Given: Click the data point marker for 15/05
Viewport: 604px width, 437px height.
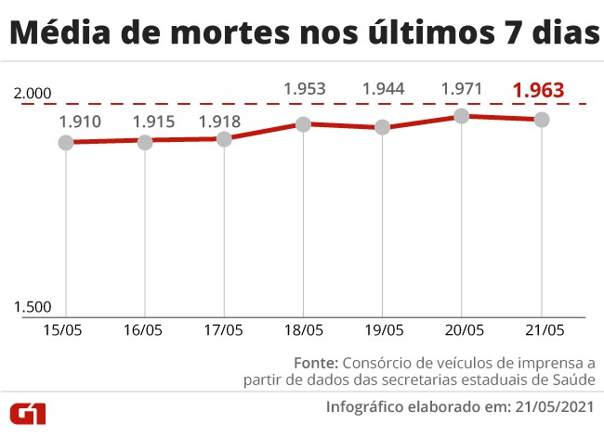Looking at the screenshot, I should coord(65,142).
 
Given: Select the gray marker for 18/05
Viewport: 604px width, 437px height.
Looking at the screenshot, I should coord(303,123).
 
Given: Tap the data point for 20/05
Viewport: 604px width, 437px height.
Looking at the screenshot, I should coord(462,116).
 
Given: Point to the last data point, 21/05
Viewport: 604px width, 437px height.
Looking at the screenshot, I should coord(541,120).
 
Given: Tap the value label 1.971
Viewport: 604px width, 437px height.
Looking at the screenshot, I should coord(462,90).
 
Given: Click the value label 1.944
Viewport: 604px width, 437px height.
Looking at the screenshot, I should coord(383,90).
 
